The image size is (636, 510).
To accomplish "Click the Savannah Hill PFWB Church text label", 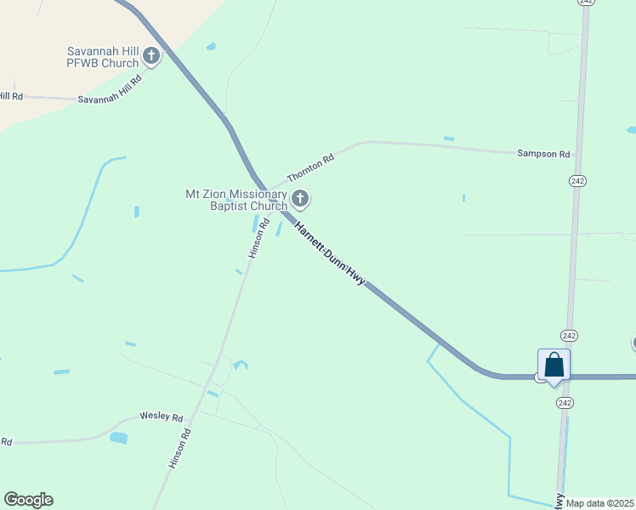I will [103, 57].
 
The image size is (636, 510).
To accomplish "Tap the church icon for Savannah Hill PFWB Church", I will [151, 57].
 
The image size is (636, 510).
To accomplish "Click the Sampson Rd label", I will [543, 154].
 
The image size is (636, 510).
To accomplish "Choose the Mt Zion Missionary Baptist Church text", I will [236, 200].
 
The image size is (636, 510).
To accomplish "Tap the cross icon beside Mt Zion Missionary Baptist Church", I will [299, 200].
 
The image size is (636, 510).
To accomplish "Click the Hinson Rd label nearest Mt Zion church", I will [258, 238].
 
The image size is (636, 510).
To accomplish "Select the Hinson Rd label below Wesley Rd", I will [180, 448].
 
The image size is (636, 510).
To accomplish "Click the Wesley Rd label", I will [162, 418].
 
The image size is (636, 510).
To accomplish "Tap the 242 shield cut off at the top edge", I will [585, 3].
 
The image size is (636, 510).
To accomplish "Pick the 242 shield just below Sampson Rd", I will [578, 181].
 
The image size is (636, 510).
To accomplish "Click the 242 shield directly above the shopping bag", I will [569, 335].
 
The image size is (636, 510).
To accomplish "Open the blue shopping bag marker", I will [554, 365].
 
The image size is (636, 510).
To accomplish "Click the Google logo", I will [28, 500].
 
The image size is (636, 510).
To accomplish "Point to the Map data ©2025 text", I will [600, 503].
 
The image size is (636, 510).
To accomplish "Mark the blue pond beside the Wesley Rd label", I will [118, 438].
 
